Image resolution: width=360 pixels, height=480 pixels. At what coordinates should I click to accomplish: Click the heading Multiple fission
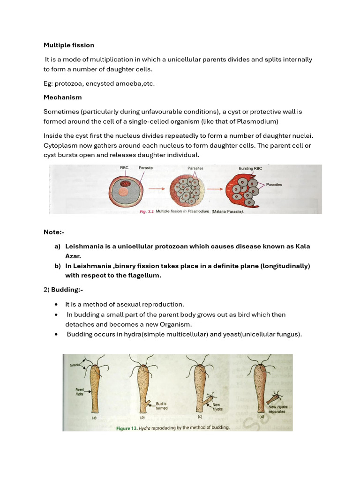pos(69,45)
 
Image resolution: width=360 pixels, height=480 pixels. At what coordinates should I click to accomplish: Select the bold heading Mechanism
pos(62,97)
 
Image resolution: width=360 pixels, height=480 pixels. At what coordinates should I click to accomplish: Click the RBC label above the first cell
pos(124,167)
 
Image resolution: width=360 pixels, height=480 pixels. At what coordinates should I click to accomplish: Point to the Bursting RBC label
pos(253,168)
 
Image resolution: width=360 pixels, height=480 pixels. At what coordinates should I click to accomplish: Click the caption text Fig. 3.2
pos(147,212)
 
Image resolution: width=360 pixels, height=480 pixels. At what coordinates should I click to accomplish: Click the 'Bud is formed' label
pos(162,405)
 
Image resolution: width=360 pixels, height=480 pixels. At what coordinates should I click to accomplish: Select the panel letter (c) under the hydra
pos(201,416)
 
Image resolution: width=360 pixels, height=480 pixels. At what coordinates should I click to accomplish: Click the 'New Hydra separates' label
pos(278,410)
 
